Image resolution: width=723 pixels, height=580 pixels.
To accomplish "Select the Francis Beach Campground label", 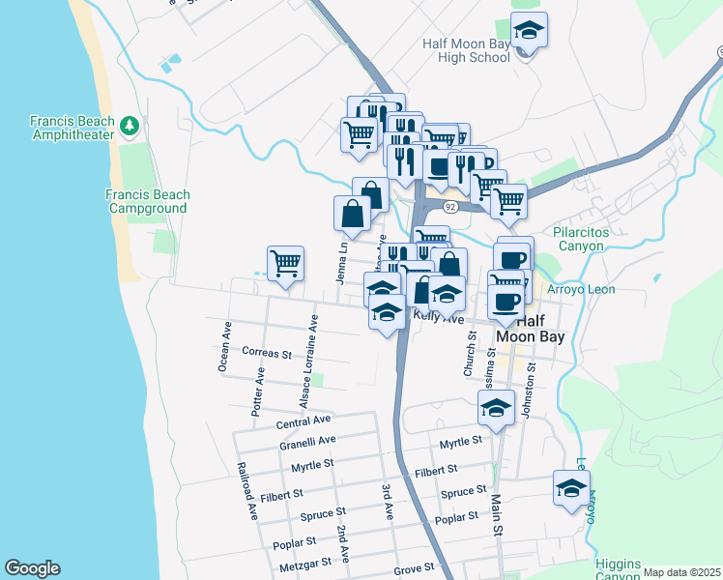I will pos(147,201).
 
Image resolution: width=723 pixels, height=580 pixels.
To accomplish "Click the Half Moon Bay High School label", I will pos(466,50).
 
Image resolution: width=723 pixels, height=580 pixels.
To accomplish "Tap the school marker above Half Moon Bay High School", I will pos(529,32).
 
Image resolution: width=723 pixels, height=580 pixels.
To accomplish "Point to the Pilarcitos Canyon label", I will pos(579,239).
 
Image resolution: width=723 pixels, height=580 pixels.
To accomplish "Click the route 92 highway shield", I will pos(450,208).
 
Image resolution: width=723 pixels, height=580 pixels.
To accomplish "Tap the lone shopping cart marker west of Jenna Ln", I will pos(285,263).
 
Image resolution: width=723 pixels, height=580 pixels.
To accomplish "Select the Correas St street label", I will pos(267,354).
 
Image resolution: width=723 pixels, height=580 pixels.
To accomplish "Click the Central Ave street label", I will pos(304,421).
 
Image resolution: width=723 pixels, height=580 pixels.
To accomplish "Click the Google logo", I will pos(32,568).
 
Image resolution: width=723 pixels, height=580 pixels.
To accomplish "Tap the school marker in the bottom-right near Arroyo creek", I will pos(571,487).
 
